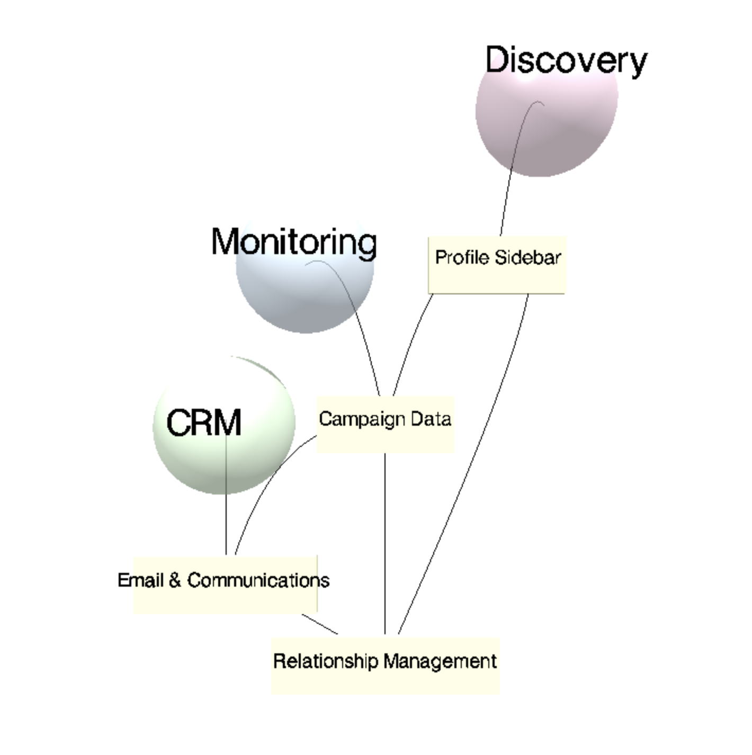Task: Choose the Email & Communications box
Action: (x=225, y=598)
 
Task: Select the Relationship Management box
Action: (x=385, y=680)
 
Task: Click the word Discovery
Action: (x=566, y=59)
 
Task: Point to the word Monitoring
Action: (x=294, y=242)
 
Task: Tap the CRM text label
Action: (x=204, y=423)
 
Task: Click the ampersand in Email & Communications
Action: (x=175, y=580)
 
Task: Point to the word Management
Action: (x=440, y=661)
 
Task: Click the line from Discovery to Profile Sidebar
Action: (x=508, y=180)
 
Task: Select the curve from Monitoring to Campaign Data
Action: (x=365, y=339)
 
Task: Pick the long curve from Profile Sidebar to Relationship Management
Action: (x=477, y=450)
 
